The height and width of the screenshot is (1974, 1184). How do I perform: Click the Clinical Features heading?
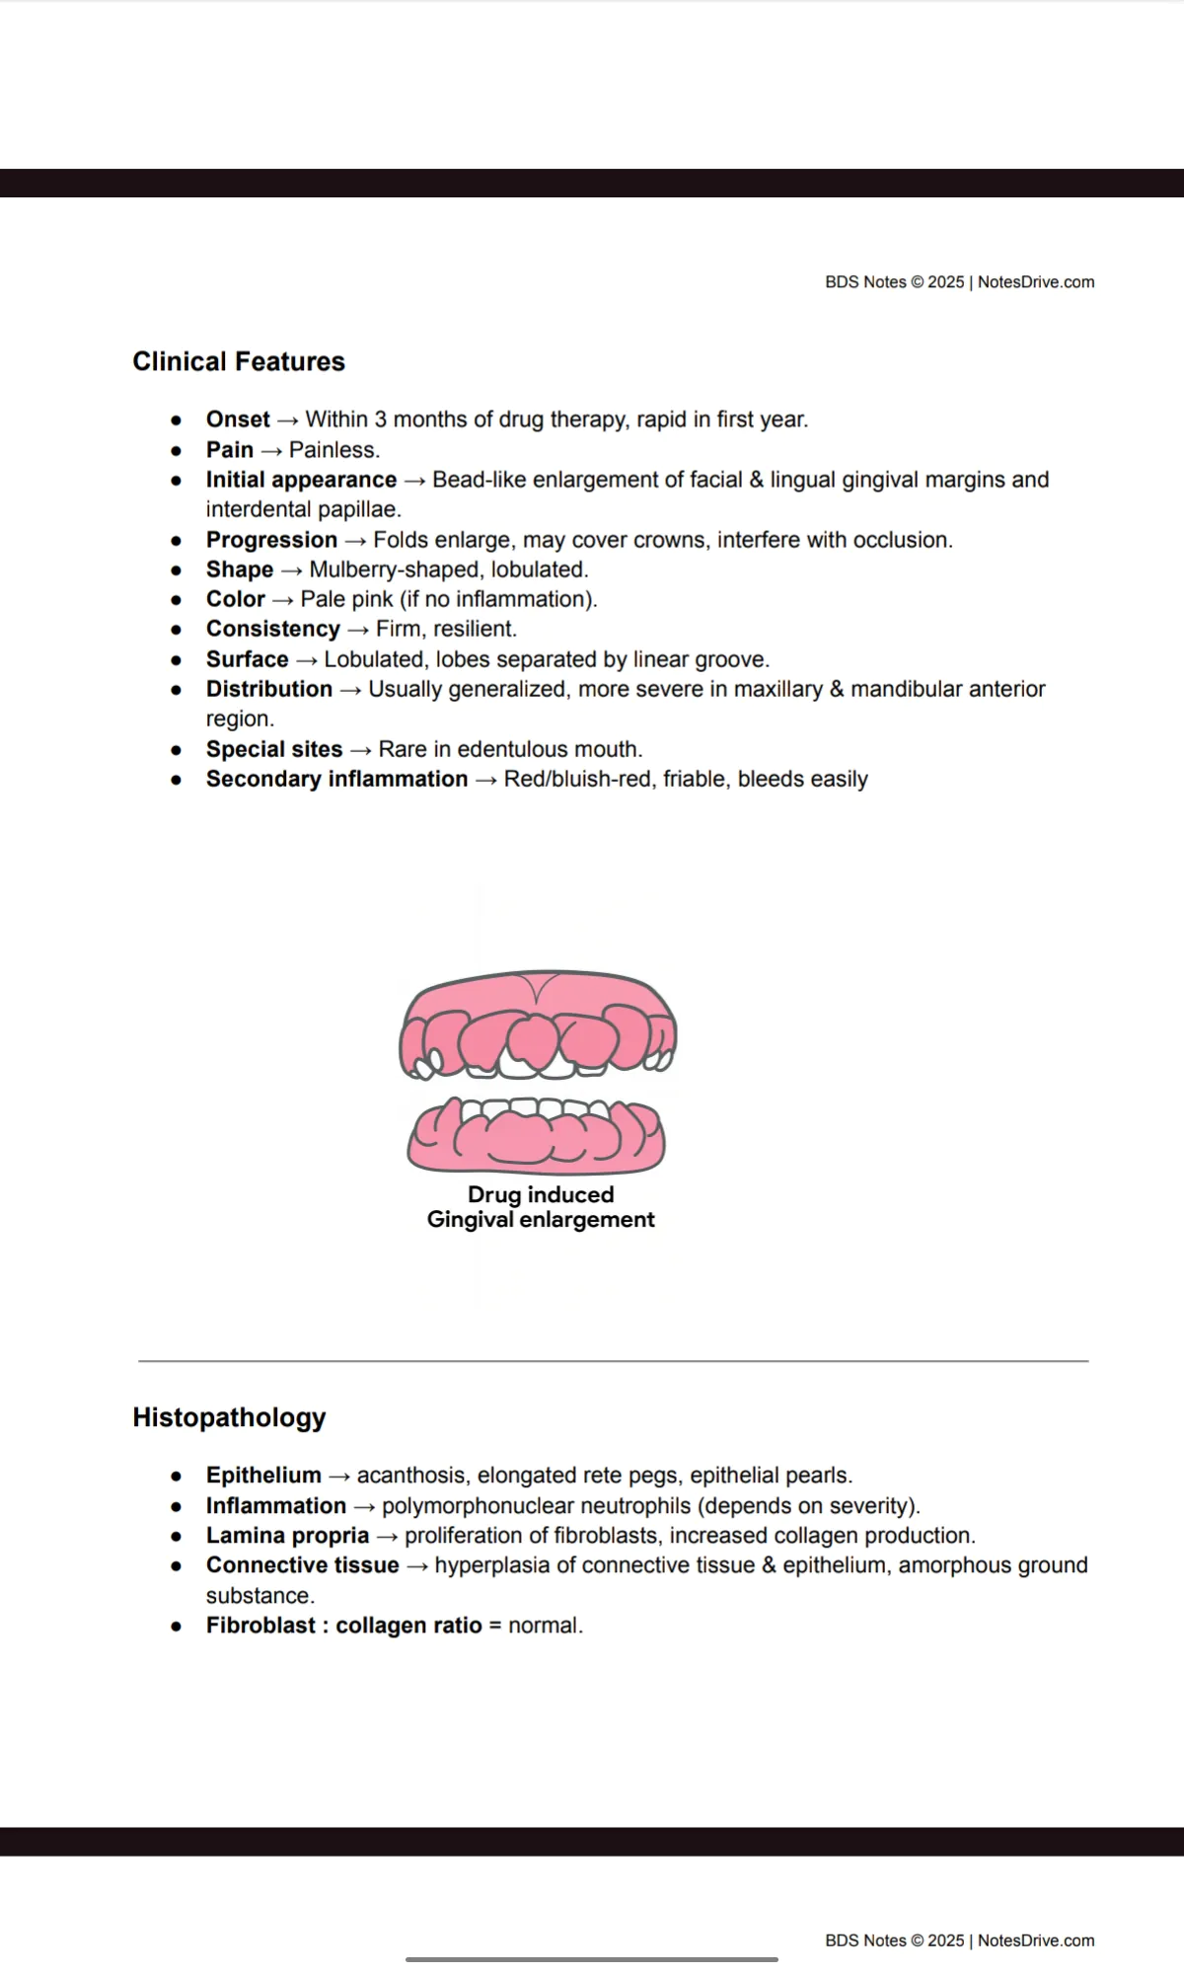click(239, 361)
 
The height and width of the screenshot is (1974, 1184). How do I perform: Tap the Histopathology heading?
click(229, 1417)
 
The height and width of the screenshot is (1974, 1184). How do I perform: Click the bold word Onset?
click(238, 419)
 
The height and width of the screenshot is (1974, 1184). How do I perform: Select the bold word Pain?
click(230, 450)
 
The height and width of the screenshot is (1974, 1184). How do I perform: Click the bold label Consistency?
click(273, 629)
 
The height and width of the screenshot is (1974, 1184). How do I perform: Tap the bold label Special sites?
click(274, 749)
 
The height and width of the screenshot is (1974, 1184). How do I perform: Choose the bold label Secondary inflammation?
click(336, 779)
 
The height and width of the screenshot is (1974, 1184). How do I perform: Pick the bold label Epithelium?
click(263, 1475)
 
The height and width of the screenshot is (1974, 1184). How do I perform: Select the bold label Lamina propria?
click(287, 1536)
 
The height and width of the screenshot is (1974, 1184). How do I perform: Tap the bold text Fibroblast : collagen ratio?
click(343, 1626)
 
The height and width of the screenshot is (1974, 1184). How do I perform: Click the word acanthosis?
click(413, 1475)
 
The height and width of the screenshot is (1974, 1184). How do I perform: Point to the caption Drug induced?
click(541, 1194)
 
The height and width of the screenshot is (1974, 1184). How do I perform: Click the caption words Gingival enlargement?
click(541, 1220)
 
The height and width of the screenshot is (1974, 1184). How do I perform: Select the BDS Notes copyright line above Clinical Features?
click(959, 282)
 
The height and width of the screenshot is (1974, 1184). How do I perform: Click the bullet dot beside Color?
click(177, 600)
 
